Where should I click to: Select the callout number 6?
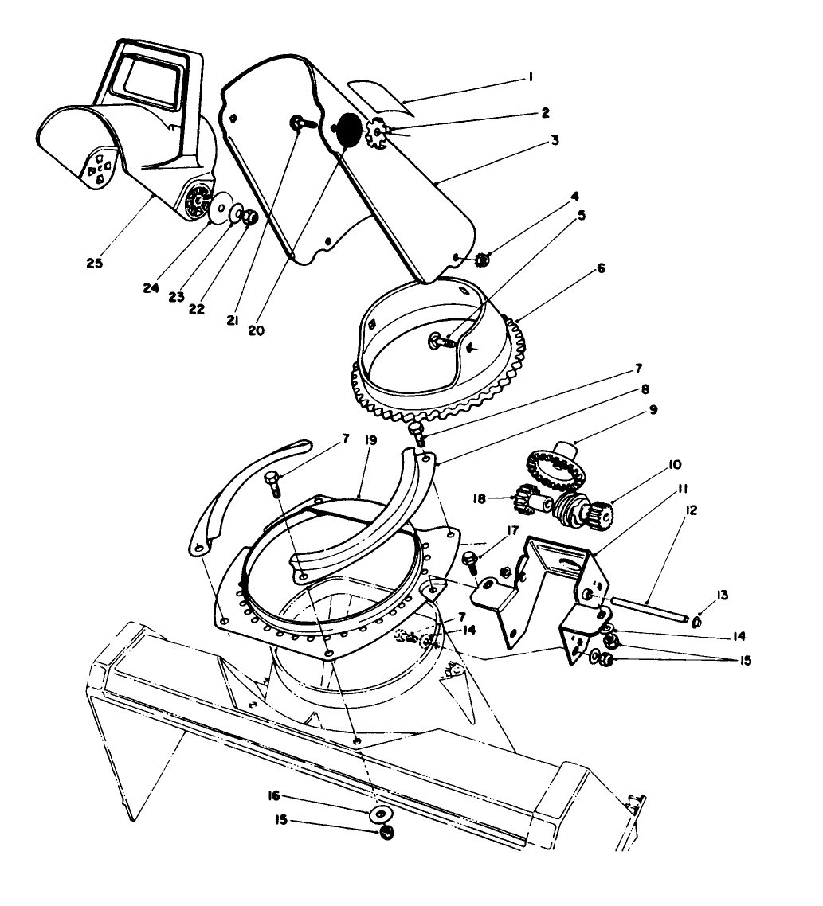tap(601, 268)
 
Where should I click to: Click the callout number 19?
tap(371, 439)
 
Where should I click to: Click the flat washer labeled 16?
tap(381, 814)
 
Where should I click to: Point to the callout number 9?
tap(653, 411)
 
